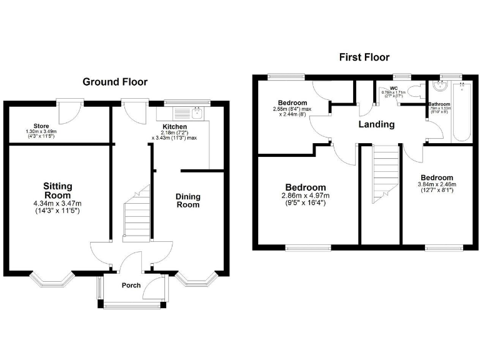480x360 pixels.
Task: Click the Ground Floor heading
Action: pyautogui.click(x=115, y=82)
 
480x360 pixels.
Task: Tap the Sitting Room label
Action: pyautogui.click(x=57, y=190)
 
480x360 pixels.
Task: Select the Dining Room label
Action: pyautogui.click(x=187, y=201)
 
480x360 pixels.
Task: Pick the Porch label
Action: pyautogui.click(x=129, y=288)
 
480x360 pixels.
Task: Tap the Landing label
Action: pyautogui.click(x=376, y=124)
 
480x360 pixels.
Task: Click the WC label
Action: pyautogui.click(x=394, y=88)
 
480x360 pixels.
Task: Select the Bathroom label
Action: pyautogui.click(x=439, y=104)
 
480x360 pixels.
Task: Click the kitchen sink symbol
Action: pyautogui.click(x=196, y=113)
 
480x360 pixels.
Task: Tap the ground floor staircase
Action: pyautogui.click(x=137, y=212)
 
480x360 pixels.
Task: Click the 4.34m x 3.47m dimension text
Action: pyautogui.click(x=57, y=203)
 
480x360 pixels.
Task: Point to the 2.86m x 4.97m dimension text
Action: pyautogui.click(x=305, y=196)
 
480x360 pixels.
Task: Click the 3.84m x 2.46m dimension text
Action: pyautogui.click(x=437, y=184)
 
